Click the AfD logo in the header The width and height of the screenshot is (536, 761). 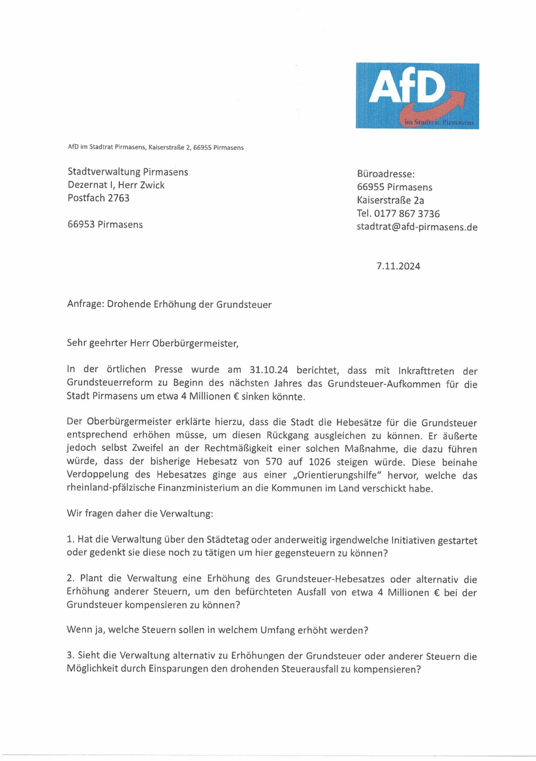click(x=417, y=96)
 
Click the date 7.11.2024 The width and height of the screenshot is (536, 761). click(x=398, y=266)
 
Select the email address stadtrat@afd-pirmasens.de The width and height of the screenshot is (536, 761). click(x=417, y=227)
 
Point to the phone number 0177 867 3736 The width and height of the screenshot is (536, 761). click(x=407, y=214)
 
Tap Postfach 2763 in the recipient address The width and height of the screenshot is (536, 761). click(x=99, y=198)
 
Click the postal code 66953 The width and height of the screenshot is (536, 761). click(x=81, y=225)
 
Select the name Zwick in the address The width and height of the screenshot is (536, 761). click(x=152, y=185)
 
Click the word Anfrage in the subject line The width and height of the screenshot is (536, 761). click(x=86, y=304)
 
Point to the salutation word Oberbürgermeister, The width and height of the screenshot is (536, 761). click(x=195, y=344)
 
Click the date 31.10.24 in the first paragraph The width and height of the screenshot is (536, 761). click(x=268, y=370)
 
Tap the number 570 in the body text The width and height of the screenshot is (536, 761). click(x=274, y=462)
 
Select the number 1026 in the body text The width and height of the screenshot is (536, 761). click(x=319, y=462)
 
